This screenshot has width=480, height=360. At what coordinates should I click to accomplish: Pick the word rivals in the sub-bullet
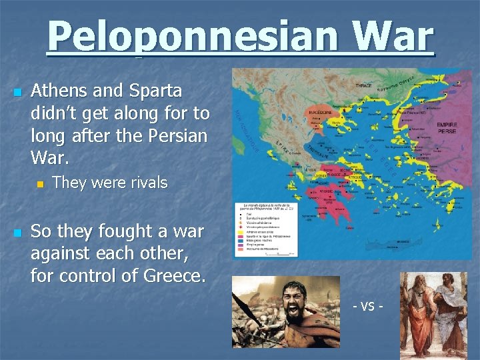pos(145,182)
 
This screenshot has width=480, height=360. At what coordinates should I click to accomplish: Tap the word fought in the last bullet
pos(126,231)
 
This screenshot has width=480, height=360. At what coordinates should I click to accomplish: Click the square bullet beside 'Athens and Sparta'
pos(17,91)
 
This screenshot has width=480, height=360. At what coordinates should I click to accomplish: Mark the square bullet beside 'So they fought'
pos(17,233)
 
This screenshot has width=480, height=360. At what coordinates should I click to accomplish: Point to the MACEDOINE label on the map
pos(321,114)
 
